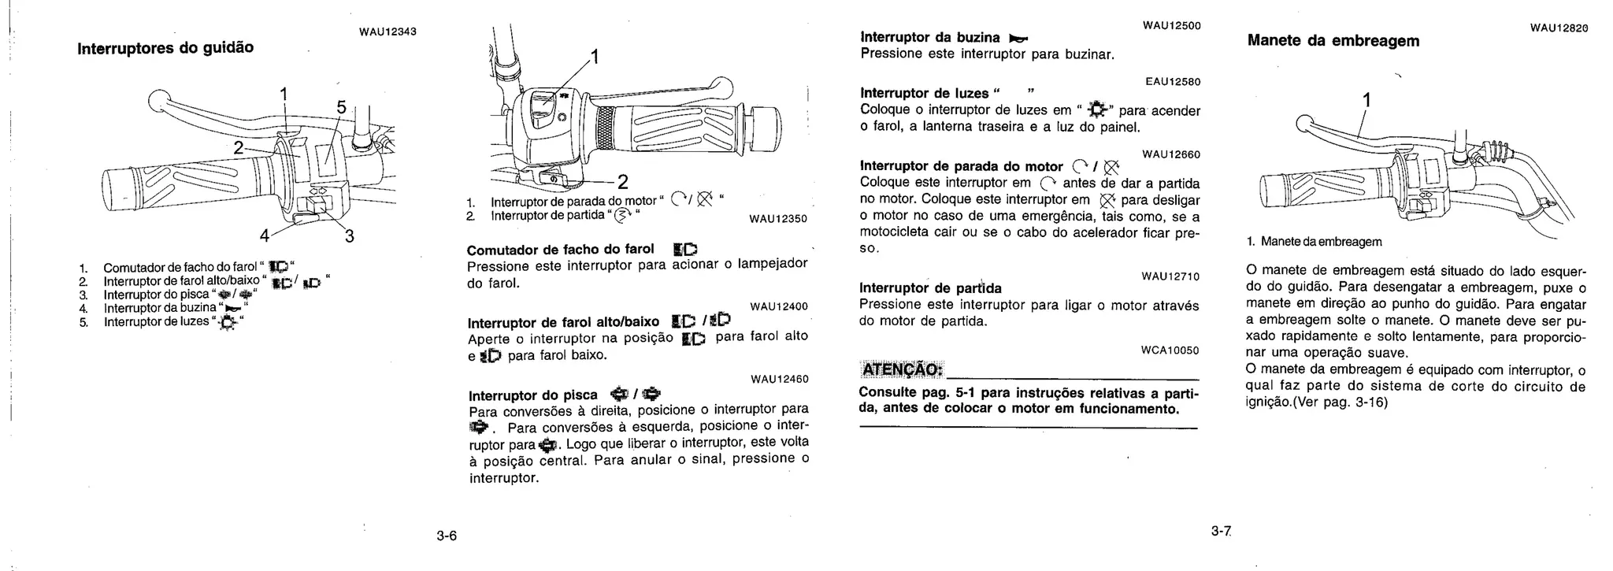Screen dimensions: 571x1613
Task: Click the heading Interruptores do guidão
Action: (165, 47)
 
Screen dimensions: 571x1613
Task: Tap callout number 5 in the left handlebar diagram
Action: (341, 107)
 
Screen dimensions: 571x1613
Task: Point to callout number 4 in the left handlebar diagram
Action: (265, 235)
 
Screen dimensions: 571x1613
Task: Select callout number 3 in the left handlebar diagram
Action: (349, 235)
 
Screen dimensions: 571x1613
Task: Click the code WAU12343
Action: (387, 32)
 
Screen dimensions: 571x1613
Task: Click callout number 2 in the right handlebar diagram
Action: (622, 183)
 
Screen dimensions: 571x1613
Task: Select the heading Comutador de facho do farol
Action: (561, 250)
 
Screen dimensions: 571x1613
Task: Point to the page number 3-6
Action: (447, 536)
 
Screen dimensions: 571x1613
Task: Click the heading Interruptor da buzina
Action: (930, 37)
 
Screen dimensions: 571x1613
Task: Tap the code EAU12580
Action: (1173, 81)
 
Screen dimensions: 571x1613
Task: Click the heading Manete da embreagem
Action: (1333, 41)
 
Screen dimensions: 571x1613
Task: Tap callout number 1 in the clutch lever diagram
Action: (1366, 100)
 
